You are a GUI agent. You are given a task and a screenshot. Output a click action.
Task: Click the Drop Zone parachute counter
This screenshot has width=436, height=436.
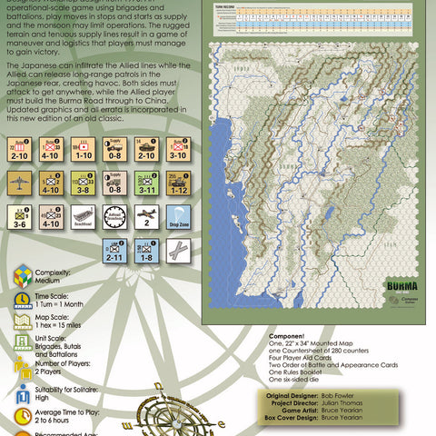coord(178,218)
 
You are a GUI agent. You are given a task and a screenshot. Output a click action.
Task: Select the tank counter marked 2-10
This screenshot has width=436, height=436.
coord(146,147)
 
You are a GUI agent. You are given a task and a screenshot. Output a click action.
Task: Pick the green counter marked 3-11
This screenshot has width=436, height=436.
coord(146,183)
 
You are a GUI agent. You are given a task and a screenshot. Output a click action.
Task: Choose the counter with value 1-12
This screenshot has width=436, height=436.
coord(178,183)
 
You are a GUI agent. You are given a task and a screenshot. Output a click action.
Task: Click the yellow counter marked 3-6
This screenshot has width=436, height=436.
coord(19,218)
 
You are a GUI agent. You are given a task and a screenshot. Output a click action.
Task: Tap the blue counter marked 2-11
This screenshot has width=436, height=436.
coord(114,252)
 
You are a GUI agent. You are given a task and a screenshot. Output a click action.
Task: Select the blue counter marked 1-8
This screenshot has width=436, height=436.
coord(146,252)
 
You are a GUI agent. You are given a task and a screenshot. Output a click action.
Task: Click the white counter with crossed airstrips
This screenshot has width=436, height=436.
coord(178,252)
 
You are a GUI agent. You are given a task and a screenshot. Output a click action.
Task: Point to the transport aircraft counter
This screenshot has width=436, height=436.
coord(19,183)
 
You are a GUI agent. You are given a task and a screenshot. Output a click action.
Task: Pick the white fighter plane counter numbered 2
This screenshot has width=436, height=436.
coord(146,218)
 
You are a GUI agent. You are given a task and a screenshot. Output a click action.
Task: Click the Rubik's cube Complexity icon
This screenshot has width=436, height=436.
coord(23,276)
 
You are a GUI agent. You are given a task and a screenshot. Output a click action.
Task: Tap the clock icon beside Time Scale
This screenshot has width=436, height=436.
coord(23,302)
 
